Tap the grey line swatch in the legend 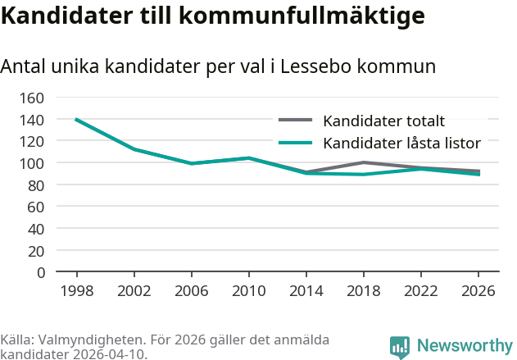(296, 121)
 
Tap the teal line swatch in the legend (296, 143)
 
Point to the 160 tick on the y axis (31, 98)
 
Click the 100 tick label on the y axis (31, 163)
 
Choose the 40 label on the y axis (35, 229)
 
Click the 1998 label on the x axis (76, 291)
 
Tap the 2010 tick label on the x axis (248, 291)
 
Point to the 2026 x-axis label (478, 291)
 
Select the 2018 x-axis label (364, 291)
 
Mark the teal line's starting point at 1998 (76, 120)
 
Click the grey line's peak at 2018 (364, 162)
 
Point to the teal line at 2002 (134, 149)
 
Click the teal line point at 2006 (191, 163)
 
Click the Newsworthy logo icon (400, 348)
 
